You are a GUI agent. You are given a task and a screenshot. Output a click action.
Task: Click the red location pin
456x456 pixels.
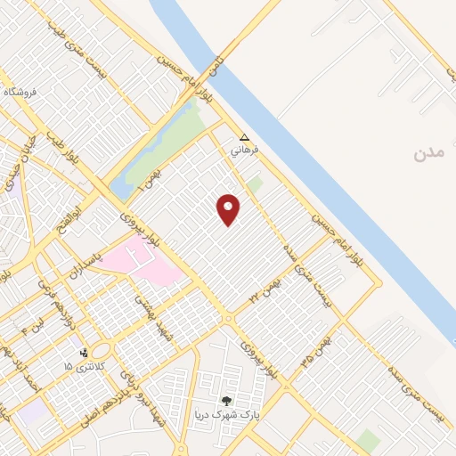(x=229, y=208)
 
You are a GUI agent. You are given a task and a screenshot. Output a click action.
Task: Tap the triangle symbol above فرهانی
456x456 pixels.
(x=245, y=137)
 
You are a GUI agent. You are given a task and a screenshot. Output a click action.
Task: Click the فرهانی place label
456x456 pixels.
(x=244, y=151)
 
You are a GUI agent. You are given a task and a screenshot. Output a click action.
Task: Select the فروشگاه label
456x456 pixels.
(x=21, y=92)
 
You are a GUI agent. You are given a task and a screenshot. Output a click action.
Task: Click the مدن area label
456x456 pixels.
(x=428, y=153)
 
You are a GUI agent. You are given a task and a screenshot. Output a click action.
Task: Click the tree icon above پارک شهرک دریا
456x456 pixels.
(x=226, y=403)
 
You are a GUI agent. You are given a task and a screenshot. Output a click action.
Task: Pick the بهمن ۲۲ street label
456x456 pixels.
(x=265, y=287)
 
